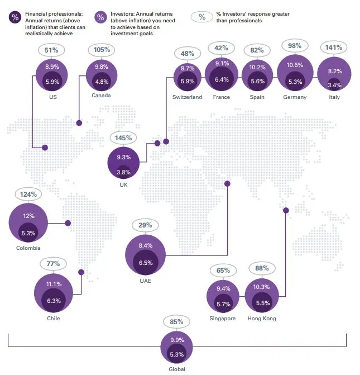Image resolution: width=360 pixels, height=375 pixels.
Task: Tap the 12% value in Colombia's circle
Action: point(28,216)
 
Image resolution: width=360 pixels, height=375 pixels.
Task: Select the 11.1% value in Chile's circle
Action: point(54,284)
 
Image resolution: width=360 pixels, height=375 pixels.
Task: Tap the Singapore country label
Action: point(222,319)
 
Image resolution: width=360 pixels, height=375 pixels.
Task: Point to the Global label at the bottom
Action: point(176,369)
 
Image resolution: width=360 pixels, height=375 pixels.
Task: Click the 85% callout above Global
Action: point(176,322)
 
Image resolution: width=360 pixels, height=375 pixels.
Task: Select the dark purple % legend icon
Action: point(14,16)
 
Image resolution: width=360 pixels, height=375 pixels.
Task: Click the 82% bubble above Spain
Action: point(257,50)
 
